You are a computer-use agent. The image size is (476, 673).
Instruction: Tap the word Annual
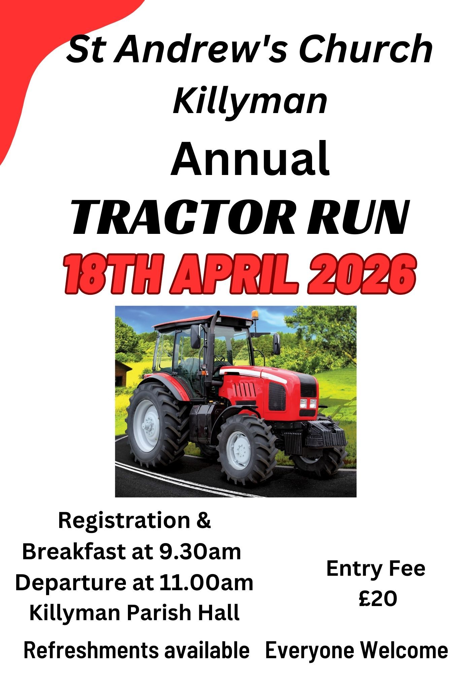[250, 159]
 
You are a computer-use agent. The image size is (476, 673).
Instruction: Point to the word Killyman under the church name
[250, 100]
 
